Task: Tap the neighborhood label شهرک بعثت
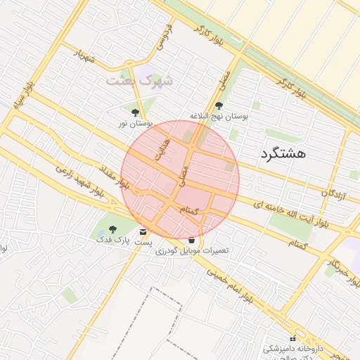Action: pos(139,79)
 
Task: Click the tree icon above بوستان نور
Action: pos(135,112)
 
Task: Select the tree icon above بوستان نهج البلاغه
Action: pos(219,105)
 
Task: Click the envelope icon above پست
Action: pos(143,232)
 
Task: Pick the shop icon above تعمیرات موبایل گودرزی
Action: pos(191,240)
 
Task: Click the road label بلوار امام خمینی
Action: pos(231,288)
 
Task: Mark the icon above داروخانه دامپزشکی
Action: pos(293,339)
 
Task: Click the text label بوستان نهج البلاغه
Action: pos(219,115)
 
